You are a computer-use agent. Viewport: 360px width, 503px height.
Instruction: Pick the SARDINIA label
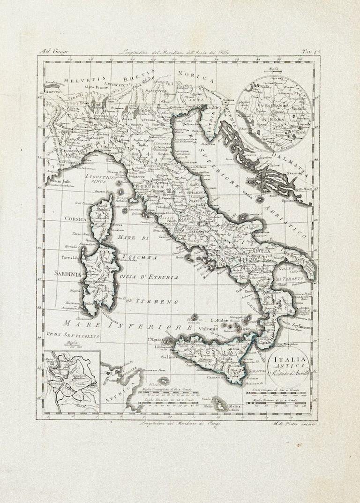(x=67, y=273)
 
